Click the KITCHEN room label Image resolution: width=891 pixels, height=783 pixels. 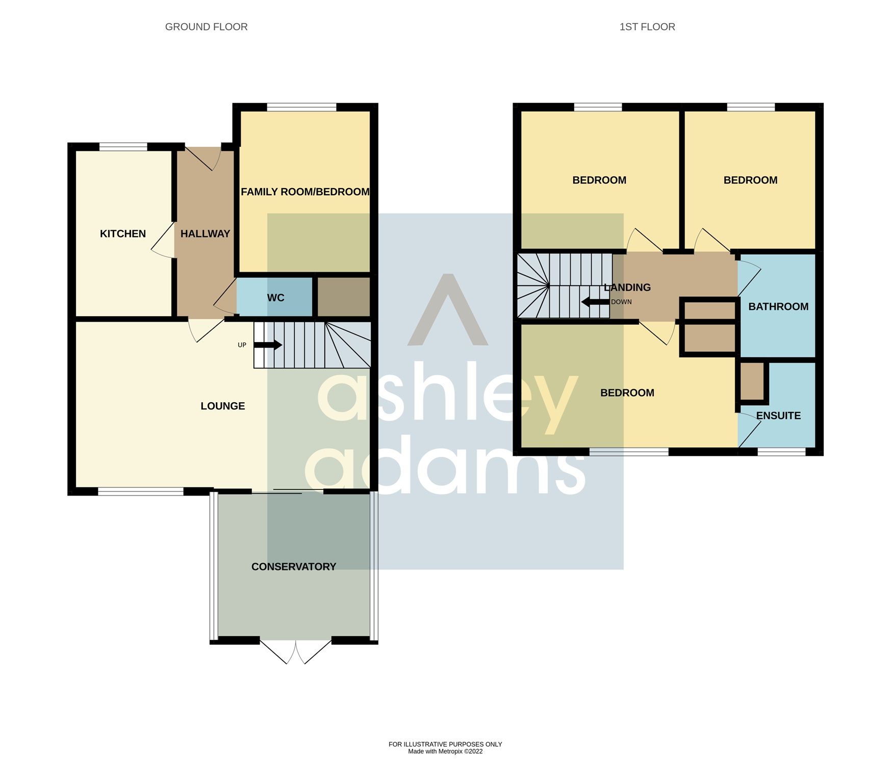(123, 234)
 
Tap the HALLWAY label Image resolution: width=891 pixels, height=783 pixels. (205, 234)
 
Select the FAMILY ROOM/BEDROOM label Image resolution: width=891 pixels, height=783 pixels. (305, 192)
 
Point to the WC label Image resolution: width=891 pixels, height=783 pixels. (275, 298)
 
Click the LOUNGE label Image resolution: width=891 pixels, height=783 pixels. (223, 406)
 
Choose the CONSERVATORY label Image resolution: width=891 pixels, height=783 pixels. (294, 567)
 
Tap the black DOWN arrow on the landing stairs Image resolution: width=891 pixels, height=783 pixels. (595, 302)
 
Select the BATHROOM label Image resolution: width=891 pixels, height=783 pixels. (778, 307)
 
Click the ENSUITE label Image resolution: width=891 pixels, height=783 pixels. (778, 416)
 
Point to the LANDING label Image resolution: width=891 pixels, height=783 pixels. (627, 288)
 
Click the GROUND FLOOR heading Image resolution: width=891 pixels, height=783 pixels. (207, 27)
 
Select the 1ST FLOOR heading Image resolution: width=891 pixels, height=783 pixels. (647, 27)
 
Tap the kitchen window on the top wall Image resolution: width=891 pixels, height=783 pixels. (123, 147)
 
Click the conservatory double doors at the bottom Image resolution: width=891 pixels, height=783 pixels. (296, 650)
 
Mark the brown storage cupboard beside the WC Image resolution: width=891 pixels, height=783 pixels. (343, 297)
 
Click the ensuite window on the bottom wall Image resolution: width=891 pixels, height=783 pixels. (781, 452)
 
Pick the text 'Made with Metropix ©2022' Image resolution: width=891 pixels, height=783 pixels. (445, 751)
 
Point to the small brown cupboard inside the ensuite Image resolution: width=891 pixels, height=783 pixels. (752, 381)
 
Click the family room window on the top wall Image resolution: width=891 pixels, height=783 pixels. (301, 107)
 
